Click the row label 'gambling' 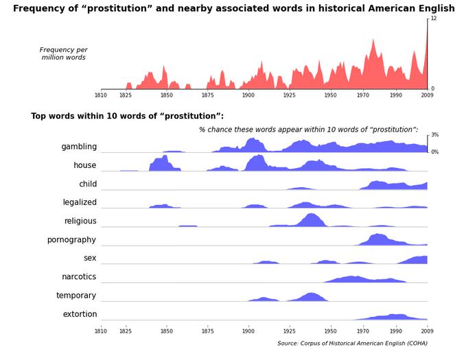(x=79, y=147)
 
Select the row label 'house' (x=85, y=165)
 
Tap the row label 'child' (x=88, y=184)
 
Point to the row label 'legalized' (x=80, y=202)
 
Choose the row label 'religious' (x=80, y=221)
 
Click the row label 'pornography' (x=71, y=239)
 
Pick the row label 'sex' (x=90, y=258)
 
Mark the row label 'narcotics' (x=79, y=276)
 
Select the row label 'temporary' (x=76, y=296)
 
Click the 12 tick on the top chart (x=433, y=19)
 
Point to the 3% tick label (x=434, y=135)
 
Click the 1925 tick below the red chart (x=289, y=95)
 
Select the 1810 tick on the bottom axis (x=101, y=331)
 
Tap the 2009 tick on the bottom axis (x=427, y=331)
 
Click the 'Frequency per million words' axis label (x=63, y=53)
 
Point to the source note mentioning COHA (x=352, y=344)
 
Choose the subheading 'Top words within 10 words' (x=127, y=116)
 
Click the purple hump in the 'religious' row (x=312, y=220)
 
